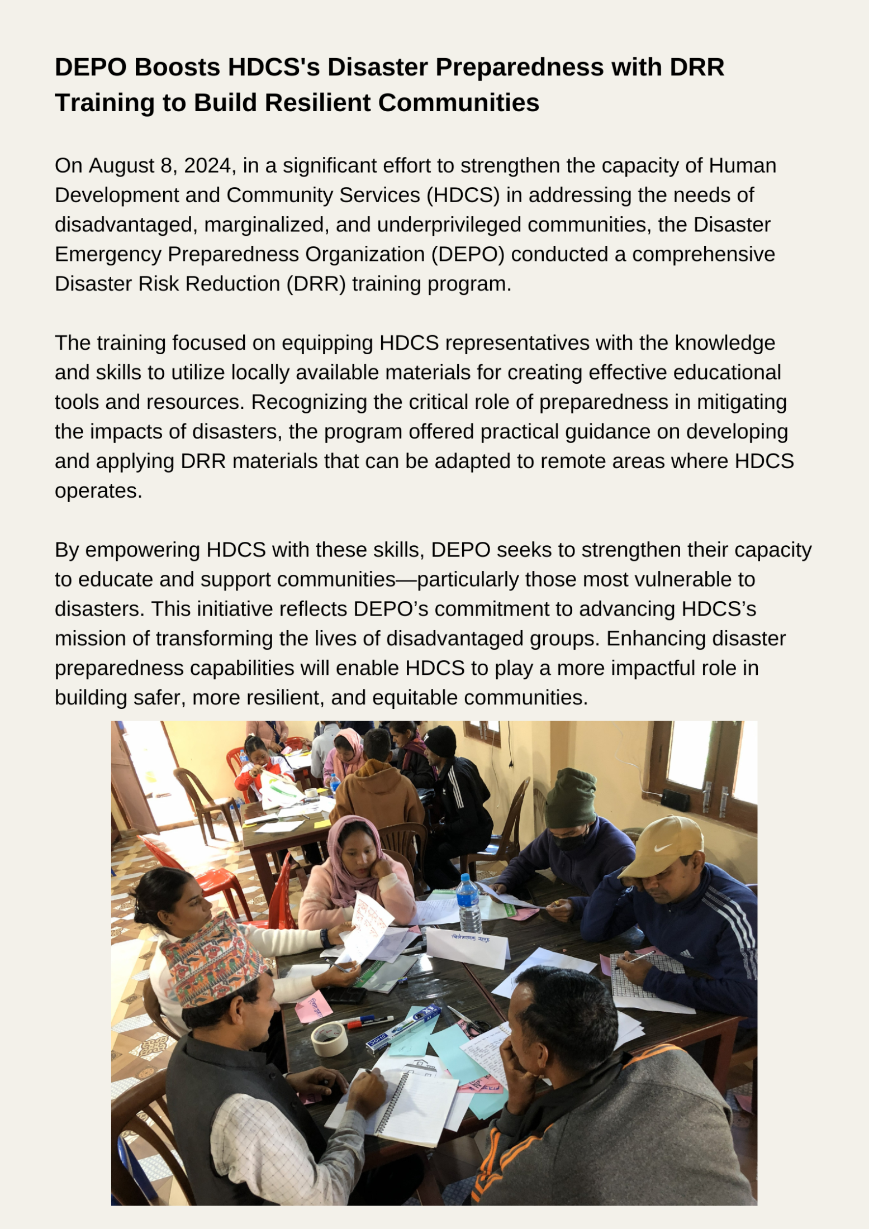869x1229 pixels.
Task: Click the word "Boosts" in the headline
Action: pos(177,67)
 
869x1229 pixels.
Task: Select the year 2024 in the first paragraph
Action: pos(207,166)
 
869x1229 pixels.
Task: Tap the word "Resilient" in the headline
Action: pos(317,103)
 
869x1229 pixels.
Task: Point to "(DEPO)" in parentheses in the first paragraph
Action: pos(467,254)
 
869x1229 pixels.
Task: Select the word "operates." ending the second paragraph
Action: pos(98,491)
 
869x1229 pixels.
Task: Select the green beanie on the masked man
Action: pos(570,798)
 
